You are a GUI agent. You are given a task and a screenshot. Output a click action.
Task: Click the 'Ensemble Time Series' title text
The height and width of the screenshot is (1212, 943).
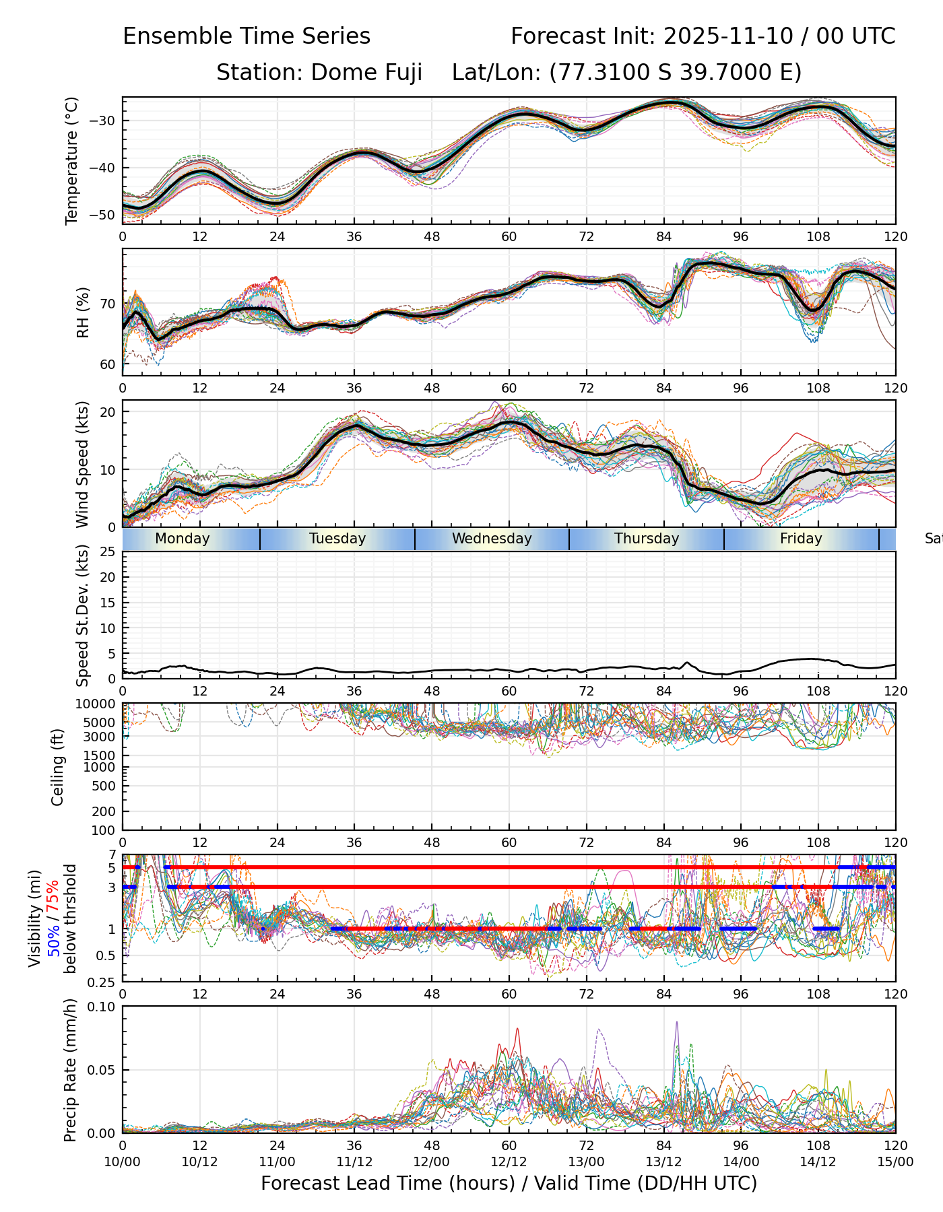click(247, 36)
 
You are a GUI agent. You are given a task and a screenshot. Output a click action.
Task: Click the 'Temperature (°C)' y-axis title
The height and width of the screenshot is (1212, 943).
click(72, 160)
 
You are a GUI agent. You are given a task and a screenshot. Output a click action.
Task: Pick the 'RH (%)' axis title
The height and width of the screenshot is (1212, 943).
click(83, 312)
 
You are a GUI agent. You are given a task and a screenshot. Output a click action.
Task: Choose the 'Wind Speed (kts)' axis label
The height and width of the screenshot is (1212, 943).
click(83, 465)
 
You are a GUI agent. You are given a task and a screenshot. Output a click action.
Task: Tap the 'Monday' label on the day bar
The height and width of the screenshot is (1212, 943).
click(182, 539)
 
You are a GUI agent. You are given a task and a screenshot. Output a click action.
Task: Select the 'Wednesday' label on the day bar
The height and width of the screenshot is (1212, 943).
click(492, 539)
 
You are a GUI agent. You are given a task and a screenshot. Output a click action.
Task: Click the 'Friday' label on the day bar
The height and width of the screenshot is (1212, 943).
click(801, 539)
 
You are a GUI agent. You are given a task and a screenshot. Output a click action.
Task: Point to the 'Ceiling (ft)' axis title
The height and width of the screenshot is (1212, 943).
click(58, 768)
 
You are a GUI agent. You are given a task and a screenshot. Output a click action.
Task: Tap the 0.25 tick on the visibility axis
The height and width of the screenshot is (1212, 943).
click(103, 982)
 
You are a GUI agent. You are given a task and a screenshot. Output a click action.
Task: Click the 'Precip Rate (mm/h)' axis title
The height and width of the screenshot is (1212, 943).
click(70, 1070)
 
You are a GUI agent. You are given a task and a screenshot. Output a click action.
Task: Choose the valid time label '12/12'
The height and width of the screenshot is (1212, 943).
click(509, 1162)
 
